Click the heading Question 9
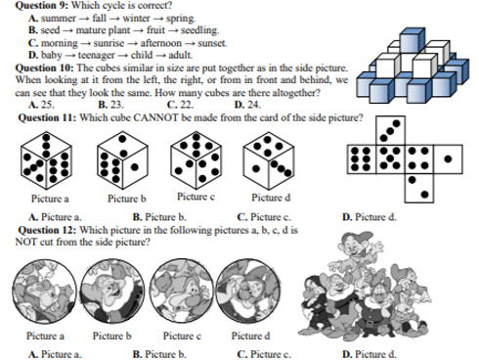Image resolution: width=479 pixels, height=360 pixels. [x=42, y=5]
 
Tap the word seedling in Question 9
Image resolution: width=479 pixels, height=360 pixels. [x=199, y=30]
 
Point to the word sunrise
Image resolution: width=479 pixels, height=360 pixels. [x=109, y=43]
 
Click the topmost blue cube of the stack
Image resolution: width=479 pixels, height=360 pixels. [x=413, y=40]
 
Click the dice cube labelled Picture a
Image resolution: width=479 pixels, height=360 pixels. [x=46, y=160]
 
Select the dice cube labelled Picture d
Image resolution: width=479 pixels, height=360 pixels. [x=269, y=160]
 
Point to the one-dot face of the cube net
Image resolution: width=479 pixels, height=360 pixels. [x=448, y=159]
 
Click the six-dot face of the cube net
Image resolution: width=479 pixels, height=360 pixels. [x=362, y=159]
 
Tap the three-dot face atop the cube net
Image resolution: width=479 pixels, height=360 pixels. [x=390, y=130]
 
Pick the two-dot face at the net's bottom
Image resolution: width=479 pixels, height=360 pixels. [x=419, y=188]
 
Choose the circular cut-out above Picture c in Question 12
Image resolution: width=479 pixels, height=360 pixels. [x=182, y=291]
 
